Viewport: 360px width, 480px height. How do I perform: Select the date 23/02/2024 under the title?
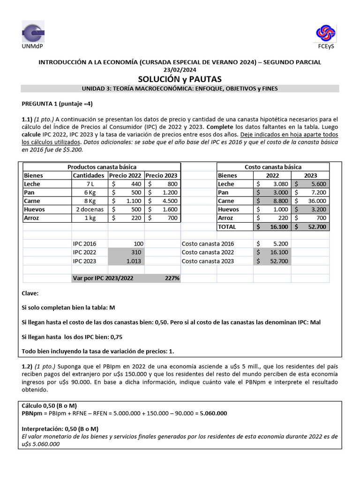[x=180, y=70]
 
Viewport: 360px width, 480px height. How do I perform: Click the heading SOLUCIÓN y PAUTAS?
[x=180, y=79]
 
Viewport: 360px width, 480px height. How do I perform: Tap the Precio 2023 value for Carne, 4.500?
[x=162, y=201]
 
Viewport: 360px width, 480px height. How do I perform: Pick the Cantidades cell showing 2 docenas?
[x=90, y=210]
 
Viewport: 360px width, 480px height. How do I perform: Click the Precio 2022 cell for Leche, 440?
[x=126, y=184]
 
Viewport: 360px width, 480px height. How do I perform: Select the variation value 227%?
[x=172, y=278]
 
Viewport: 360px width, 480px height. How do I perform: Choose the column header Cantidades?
[x=89, y=175]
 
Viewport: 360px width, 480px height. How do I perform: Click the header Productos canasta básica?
[x=102, y=167]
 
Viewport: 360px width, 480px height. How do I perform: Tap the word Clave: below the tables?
[x=30, y=293]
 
